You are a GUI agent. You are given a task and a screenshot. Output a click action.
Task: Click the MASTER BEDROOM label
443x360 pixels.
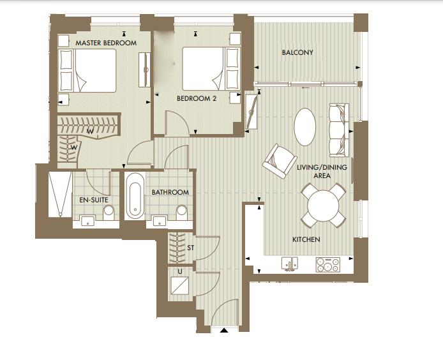(x=106, y=43)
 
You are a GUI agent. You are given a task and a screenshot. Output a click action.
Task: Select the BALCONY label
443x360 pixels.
(x=297, y=53)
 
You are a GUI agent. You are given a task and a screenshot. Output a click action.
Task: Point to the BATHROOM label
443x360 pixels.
(x=170, y=192)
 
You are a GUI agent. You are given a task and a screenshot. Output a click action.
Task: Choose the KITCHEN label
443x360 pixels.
(x=306, y=239)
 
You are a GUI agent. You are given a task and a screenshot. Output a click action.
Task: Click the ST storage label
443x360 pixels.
(x=190, y=247)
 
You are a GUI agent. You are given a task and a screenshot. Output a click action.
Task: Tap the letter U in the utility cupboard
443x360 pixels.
(x=180, y=271)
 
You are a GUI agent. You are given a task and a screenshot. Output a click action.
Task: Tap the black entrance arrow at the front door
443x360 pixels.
(x=223, y=331)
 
